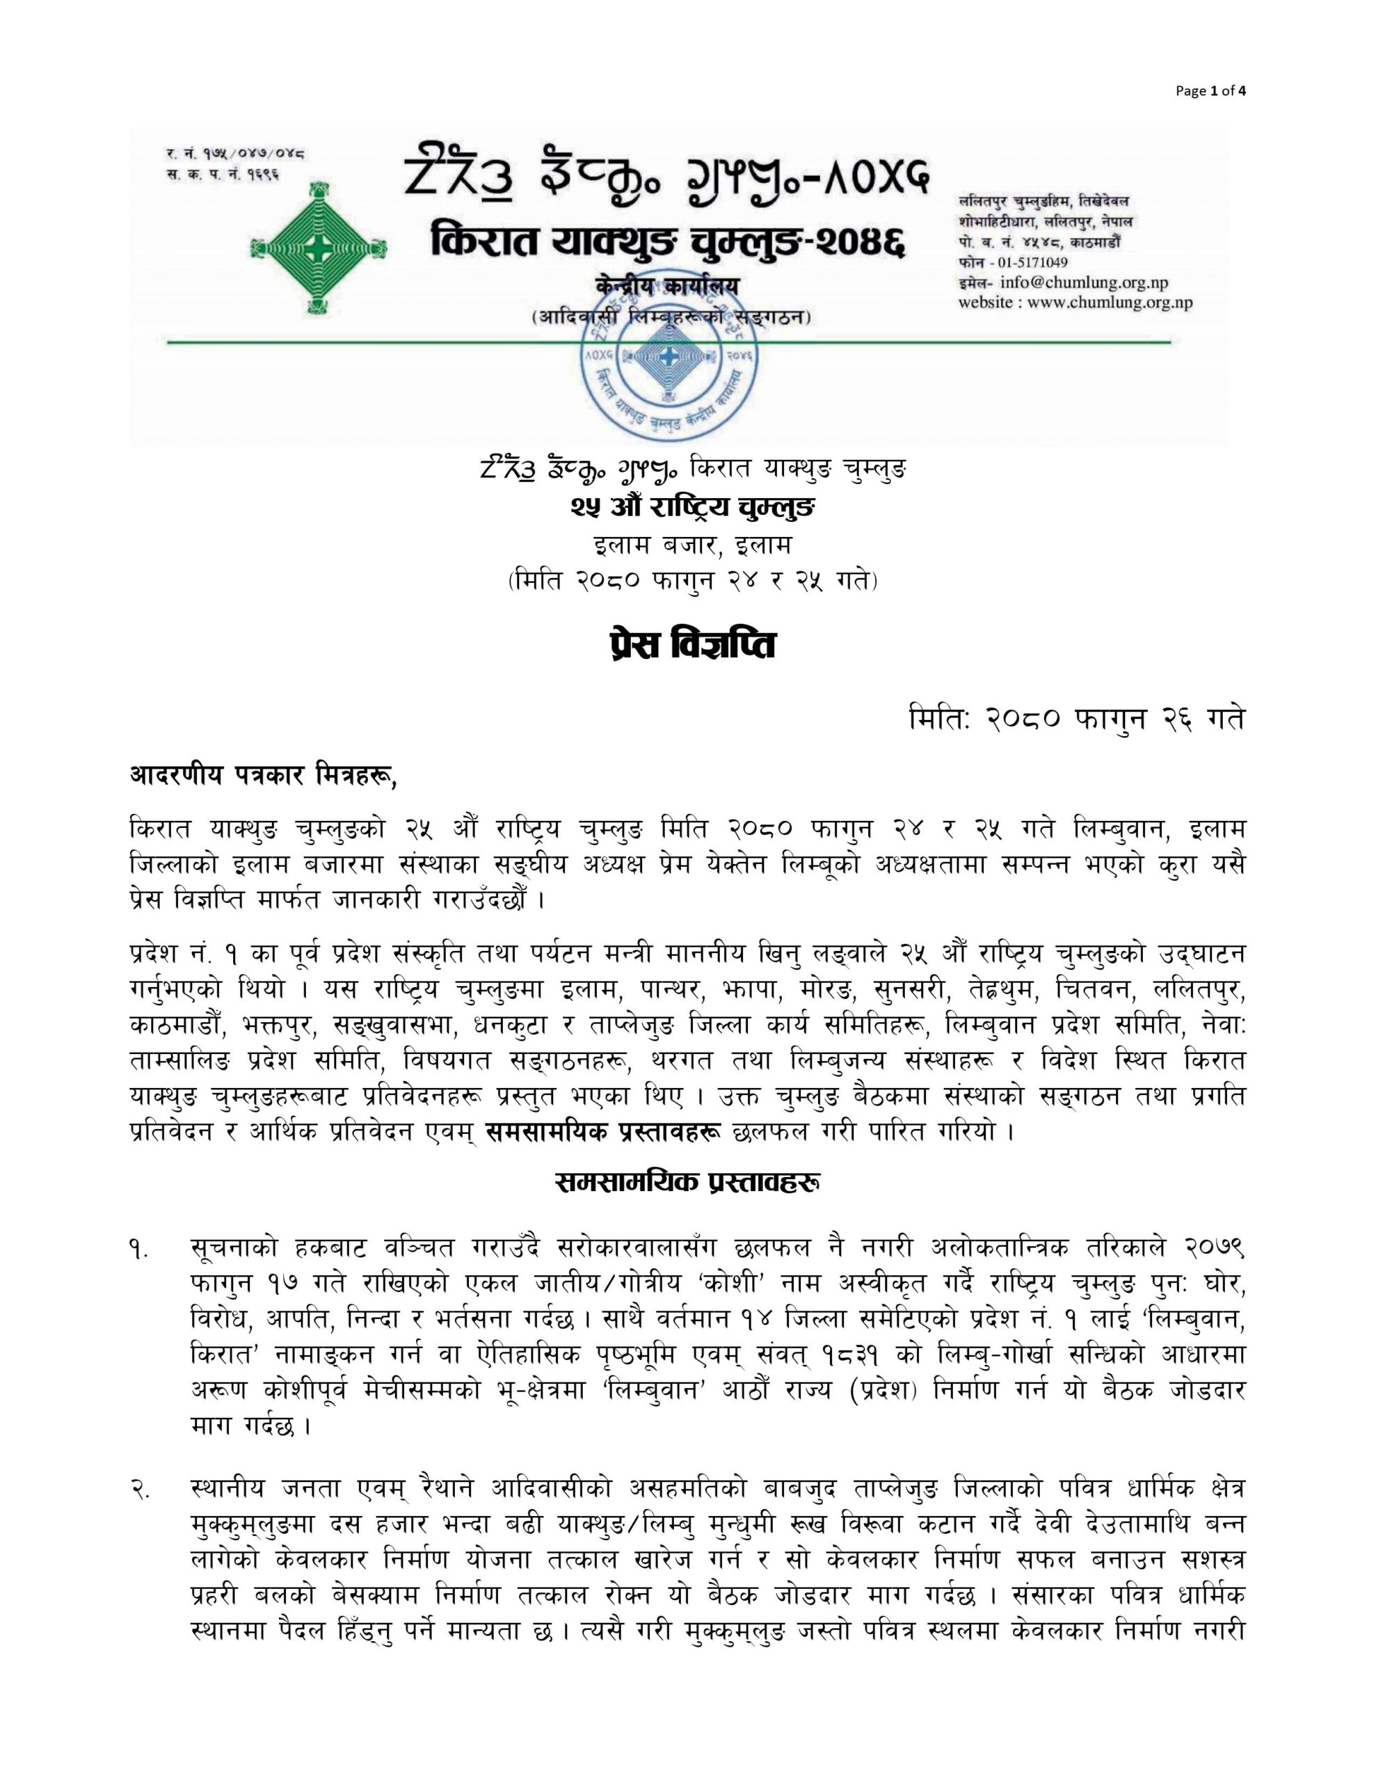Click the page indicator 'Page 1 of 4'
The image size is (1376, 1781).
click(1210, 91)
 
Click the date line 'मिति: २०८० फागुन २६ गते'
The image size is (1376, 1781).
click(1077, 719)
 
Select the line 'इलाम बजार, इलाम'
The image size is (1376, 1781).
click(687, 544)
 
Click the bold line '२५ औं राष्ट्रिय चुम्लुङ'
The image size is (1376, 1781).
click(687, 507)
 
